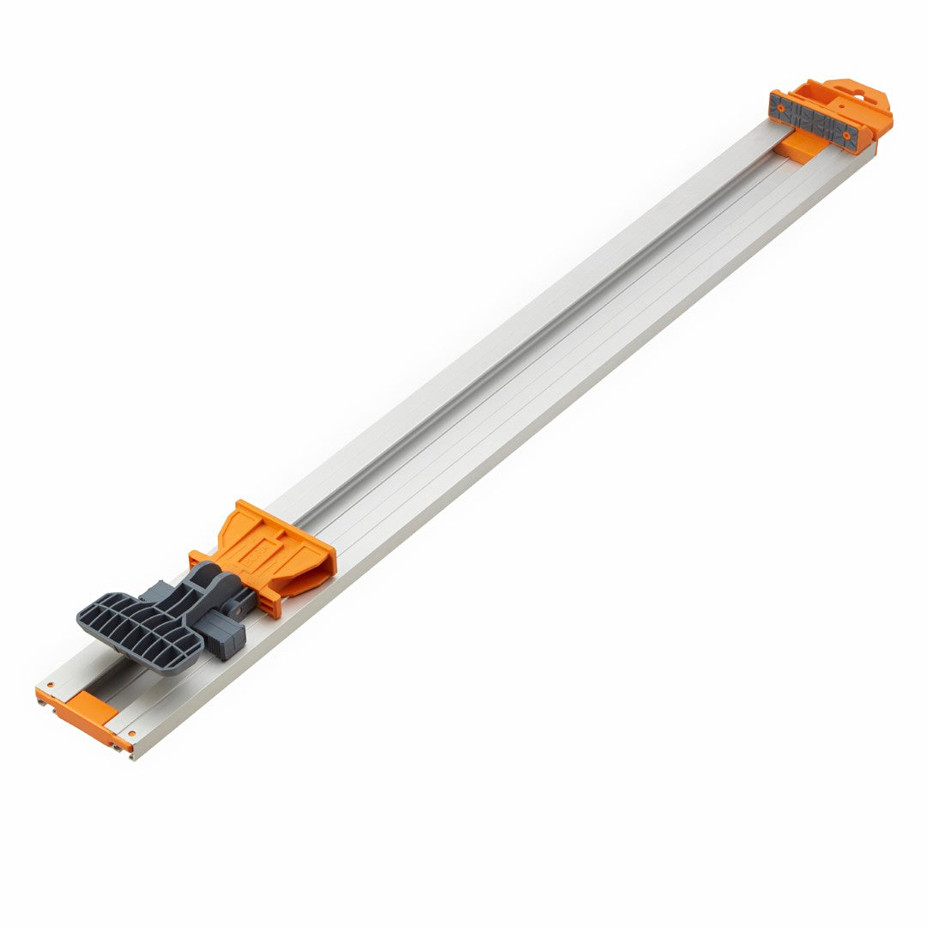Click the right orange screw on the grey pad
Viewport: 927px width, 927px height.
(x=846, y=135)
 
